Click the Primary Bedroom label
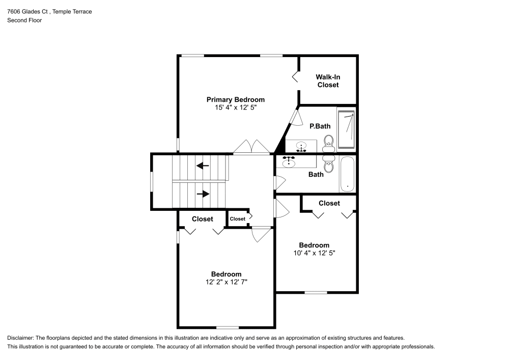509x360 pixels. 235,99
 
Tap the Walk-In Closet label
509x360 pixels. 327,81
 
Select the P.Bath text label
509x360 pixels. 320,126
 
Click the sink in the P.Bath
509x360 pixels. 301,146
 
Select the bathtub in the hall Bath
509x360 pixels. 347,174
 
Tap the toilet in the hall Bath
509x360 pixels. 328,165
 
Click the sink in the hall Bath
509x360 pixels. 290,162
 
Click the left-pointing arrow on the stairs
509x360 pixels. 203,165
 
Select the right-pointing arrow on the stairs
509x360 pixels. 203,193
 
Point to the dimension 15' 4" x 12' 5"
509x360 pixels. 235,107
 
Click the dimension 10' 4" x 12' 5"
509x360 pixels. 314,253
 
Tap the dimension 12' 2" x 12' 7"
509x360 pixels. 226,282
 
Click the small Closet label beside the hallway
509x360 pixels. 237,219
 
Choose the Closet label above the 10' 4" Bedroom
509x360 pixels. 329,203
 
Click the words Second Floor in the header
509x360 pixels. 24,20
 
